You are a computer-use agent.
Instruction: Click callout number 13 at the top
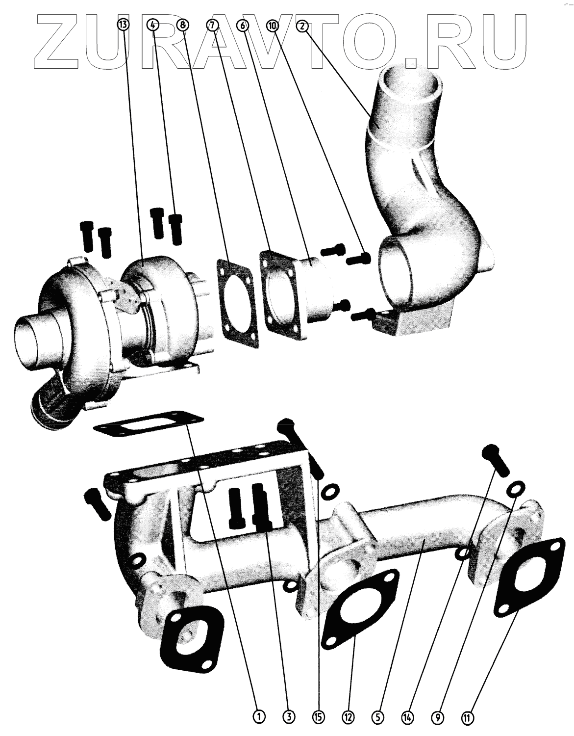[124, 25]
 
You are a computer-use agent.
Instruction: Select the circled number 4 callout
[153, 25]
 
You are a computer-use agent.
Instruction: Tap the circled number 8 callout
[183, 25]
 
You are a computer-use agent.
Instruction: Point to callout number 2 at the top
[302, 26]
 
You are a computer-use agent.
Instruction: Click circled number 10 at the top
[273, 26]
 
